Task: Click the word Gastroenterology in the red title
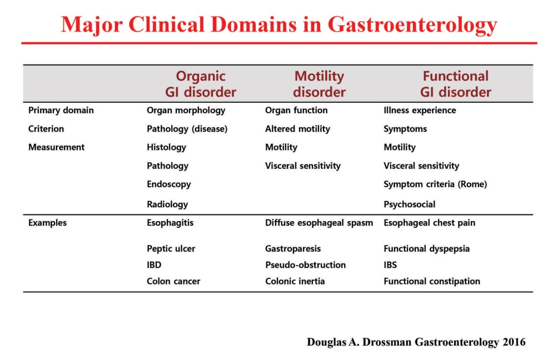tap(412, 25)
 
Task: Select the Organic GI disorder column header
tap(201, 84)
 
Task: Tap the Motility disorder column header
tap(319, 84)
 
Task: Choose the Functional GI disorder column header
tap(456, 84)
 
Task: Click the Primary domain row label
tap(61, 111)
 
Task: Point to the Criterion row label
tap(46, 129)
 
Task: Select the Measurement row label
tap(57, 147)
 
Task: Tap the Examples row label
tap(47, 223)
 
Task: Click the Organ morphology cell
tap(186, 111)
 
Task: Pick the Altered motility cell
tap(297, 129)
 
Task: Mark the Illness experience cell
tap(420, 111)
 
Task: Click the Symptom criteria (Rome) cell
tap(435, 184)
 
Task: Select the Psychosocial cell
tap(409, 204)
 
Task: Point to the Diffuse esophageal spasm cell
tap(319, 223)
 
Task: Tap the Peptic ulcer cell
tap(171, 248)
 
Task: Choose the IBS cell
tap(390, 265)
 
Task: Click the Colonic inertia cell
tap(295, 281)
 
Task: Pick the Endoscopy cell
tap(168, 184)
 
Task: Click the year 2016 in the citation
tap(514, 342)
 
